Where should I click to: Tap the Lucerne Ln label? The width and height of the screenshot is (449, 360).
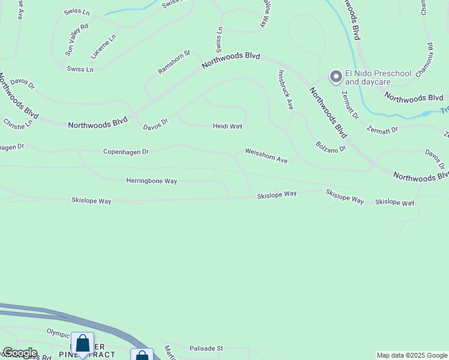coord(103,46)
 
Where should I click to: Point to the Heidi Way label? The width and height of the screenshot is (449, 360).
coord(228,126)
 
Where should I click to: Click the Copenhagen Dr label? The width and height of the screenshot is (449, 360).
coord(125,152)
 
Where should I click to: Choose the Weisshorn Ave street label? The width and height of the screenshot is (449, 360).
coord(266,156)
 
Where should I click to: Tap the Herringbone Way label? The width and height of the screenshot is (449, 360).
coord(151,181)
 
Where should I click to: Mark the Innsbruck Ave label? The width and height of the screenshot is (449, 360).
coord(285,90)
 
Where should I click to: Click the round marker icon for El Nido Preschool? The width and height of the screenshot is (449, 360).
coord(335,76)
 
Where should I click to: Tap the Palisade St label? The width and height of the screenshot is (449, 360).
coord(206,348)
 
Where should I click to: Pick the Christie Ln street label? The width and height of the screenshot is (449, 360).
coord(18,124)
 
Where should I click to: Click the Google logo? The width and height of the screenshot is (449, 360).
coord(19,353)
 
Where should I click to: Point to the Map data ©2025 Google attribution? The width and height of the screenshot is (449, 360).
coord(412,355)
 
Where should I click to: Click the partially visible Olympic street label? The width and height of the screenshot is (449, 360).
coord(59,332)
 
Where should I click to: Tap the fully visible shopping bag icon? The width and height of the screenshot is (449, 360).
coord(82,344)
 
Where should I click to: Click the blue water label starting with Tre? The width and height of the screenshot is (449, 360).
coord(444,110)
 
